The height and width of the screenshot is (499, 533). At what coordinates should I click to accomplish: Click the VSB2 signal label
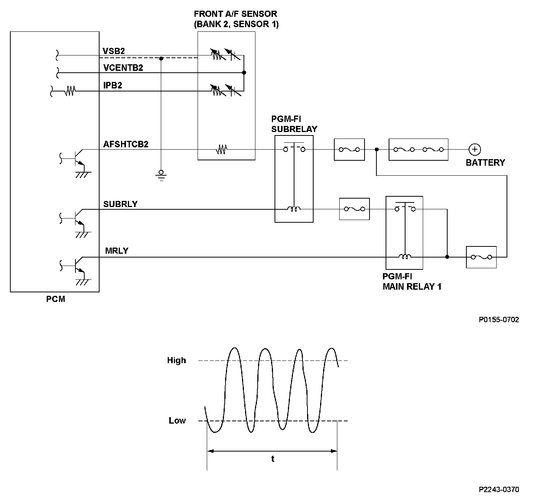click(113, 51)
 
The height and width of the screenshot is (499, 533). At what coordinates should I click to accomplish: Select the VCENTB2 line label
click(123, 68)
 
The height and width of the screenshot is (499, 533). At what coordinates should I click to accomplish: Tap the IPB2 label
click(113, 85)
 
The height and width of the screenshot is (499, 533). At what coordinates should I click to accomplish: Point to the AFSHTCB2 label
click(126, 144)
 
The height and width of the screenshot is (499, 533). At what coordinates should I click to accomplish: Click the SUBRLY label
click(121, 204)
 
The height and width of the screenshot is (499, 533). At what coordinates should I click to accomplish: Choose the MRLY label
click(117, 251)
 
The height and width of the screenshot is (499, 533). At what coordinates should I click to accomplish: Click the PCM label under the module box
click(56, 299)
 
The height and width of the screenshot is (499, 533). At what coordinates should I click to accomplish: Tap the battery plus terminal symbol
click(474, 149)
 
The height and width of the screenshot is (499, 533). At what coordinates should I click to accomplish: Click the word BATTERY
click(485, 163)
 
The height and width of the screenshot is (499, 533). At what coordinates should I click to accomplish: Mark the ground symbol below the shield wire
click(161, 175)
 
